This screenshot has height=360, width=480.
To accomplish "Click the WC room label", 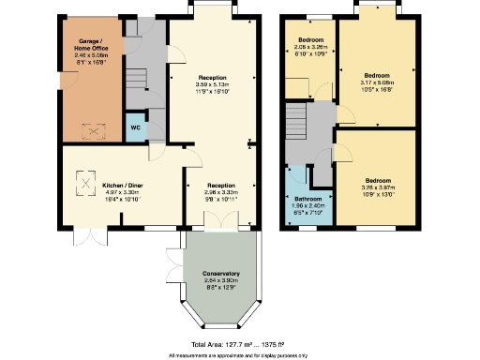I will point(136,127).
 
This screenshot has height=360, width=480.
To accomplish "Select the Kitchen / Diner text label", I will point(121,186).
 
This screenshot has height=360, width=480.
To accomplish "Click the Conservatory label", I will point(221,273).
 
